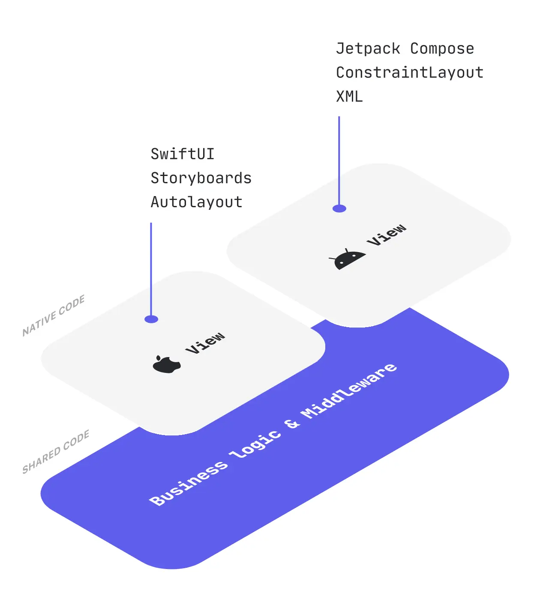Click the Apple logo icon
166,364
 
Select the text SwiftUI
182,154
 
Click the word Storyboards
201,178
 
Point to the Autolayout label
196,202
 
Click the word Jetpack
368,48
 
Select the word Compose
442,48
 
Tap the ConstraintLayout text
409,72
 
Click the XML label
349,96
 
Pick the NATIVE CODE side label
54,316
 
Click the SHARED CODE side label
56,452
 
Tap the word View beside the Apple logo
205,343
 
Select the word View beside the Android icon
387,234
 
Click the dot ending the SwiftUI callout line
151,319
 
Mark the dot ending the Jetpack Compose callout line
339,209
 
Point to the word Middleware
349,391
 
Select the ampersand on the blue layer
292,423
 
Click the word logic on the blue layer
256,444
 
